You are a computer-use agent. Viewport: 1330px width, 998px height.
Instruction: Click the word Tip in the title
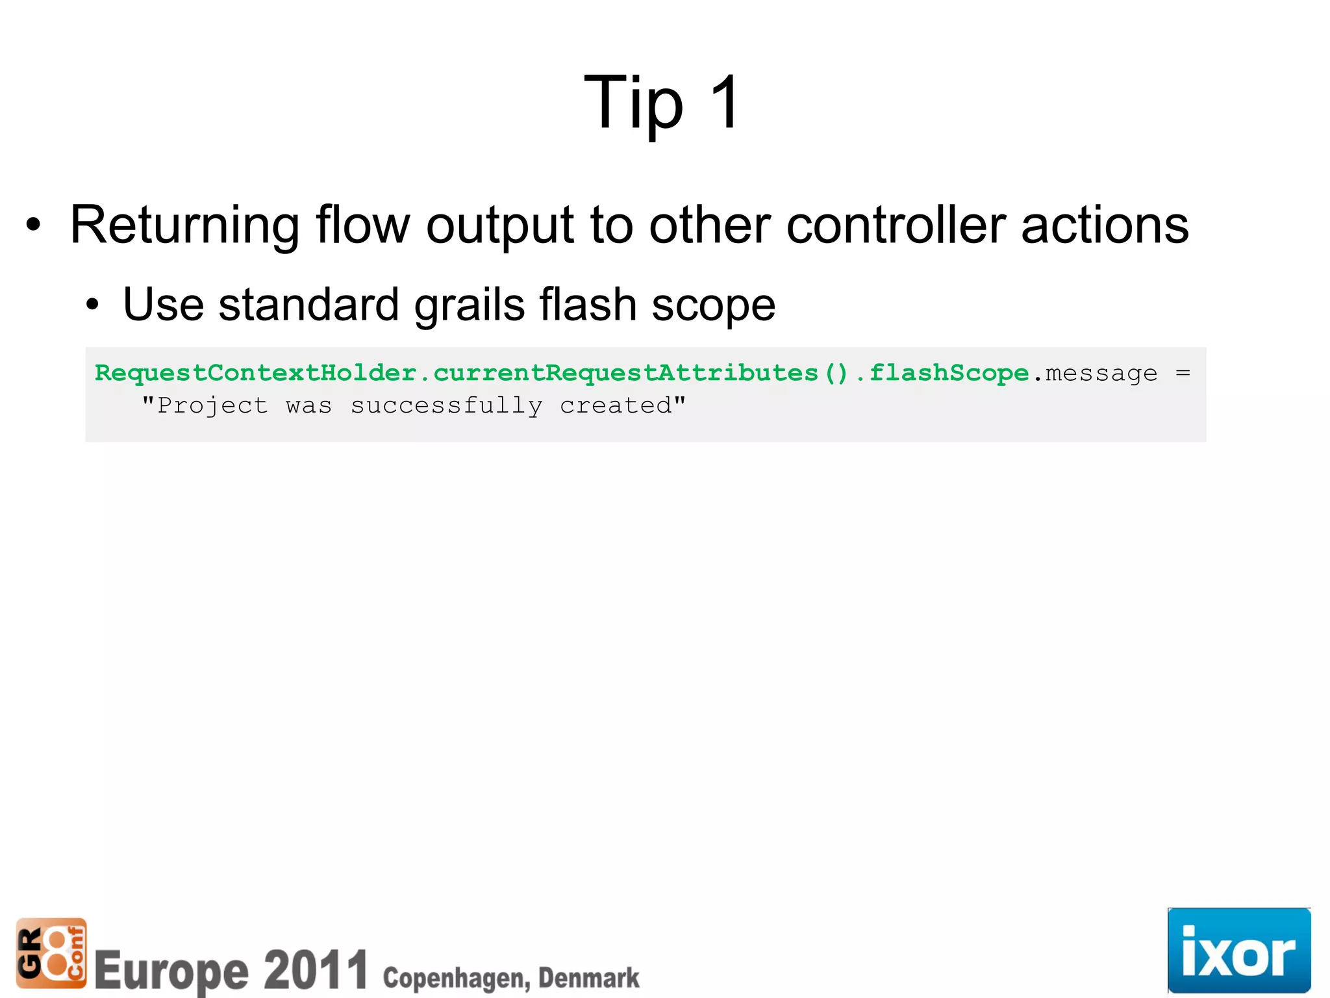click(633, 104)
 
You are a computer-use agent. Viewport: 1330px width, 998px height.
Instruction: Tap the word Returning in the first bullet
click(184, 225)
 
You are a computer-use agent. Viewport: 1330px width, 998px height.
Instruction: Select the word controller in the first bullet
click(896, 225)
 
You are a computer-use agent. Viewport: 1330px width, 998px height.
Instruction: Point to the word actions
click(1105, 225)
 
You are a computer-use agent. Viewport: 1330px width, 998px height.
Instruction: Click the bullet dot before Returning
click(33, 225)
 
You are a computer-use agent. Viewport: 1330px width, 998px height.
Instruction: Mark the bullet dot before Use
click(92, 305)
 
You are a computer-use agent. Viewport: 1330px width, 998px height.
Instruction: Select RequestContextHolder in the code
click(255, 373)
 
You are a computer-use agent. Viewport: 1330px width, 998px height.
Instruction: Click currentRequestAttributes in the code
click(625, 373)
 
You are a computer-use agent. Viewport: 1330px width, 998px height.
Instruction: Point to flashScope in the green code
click(949, 373)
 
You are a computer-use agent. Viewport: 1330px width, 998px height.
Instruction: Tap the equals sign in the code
click(1183, 373)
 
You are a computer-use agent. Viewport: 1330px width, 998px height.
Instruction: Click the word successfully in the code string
click(447, 406)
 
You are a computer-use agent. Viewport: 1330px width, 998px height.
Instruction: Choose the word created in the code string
click(616, 406)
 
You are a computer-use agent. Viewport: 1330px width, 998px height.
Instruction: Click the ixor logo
click(1238, 951)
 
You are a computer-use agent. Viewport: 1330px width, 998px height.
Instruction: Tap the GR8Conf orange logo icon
click(51, 953)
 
